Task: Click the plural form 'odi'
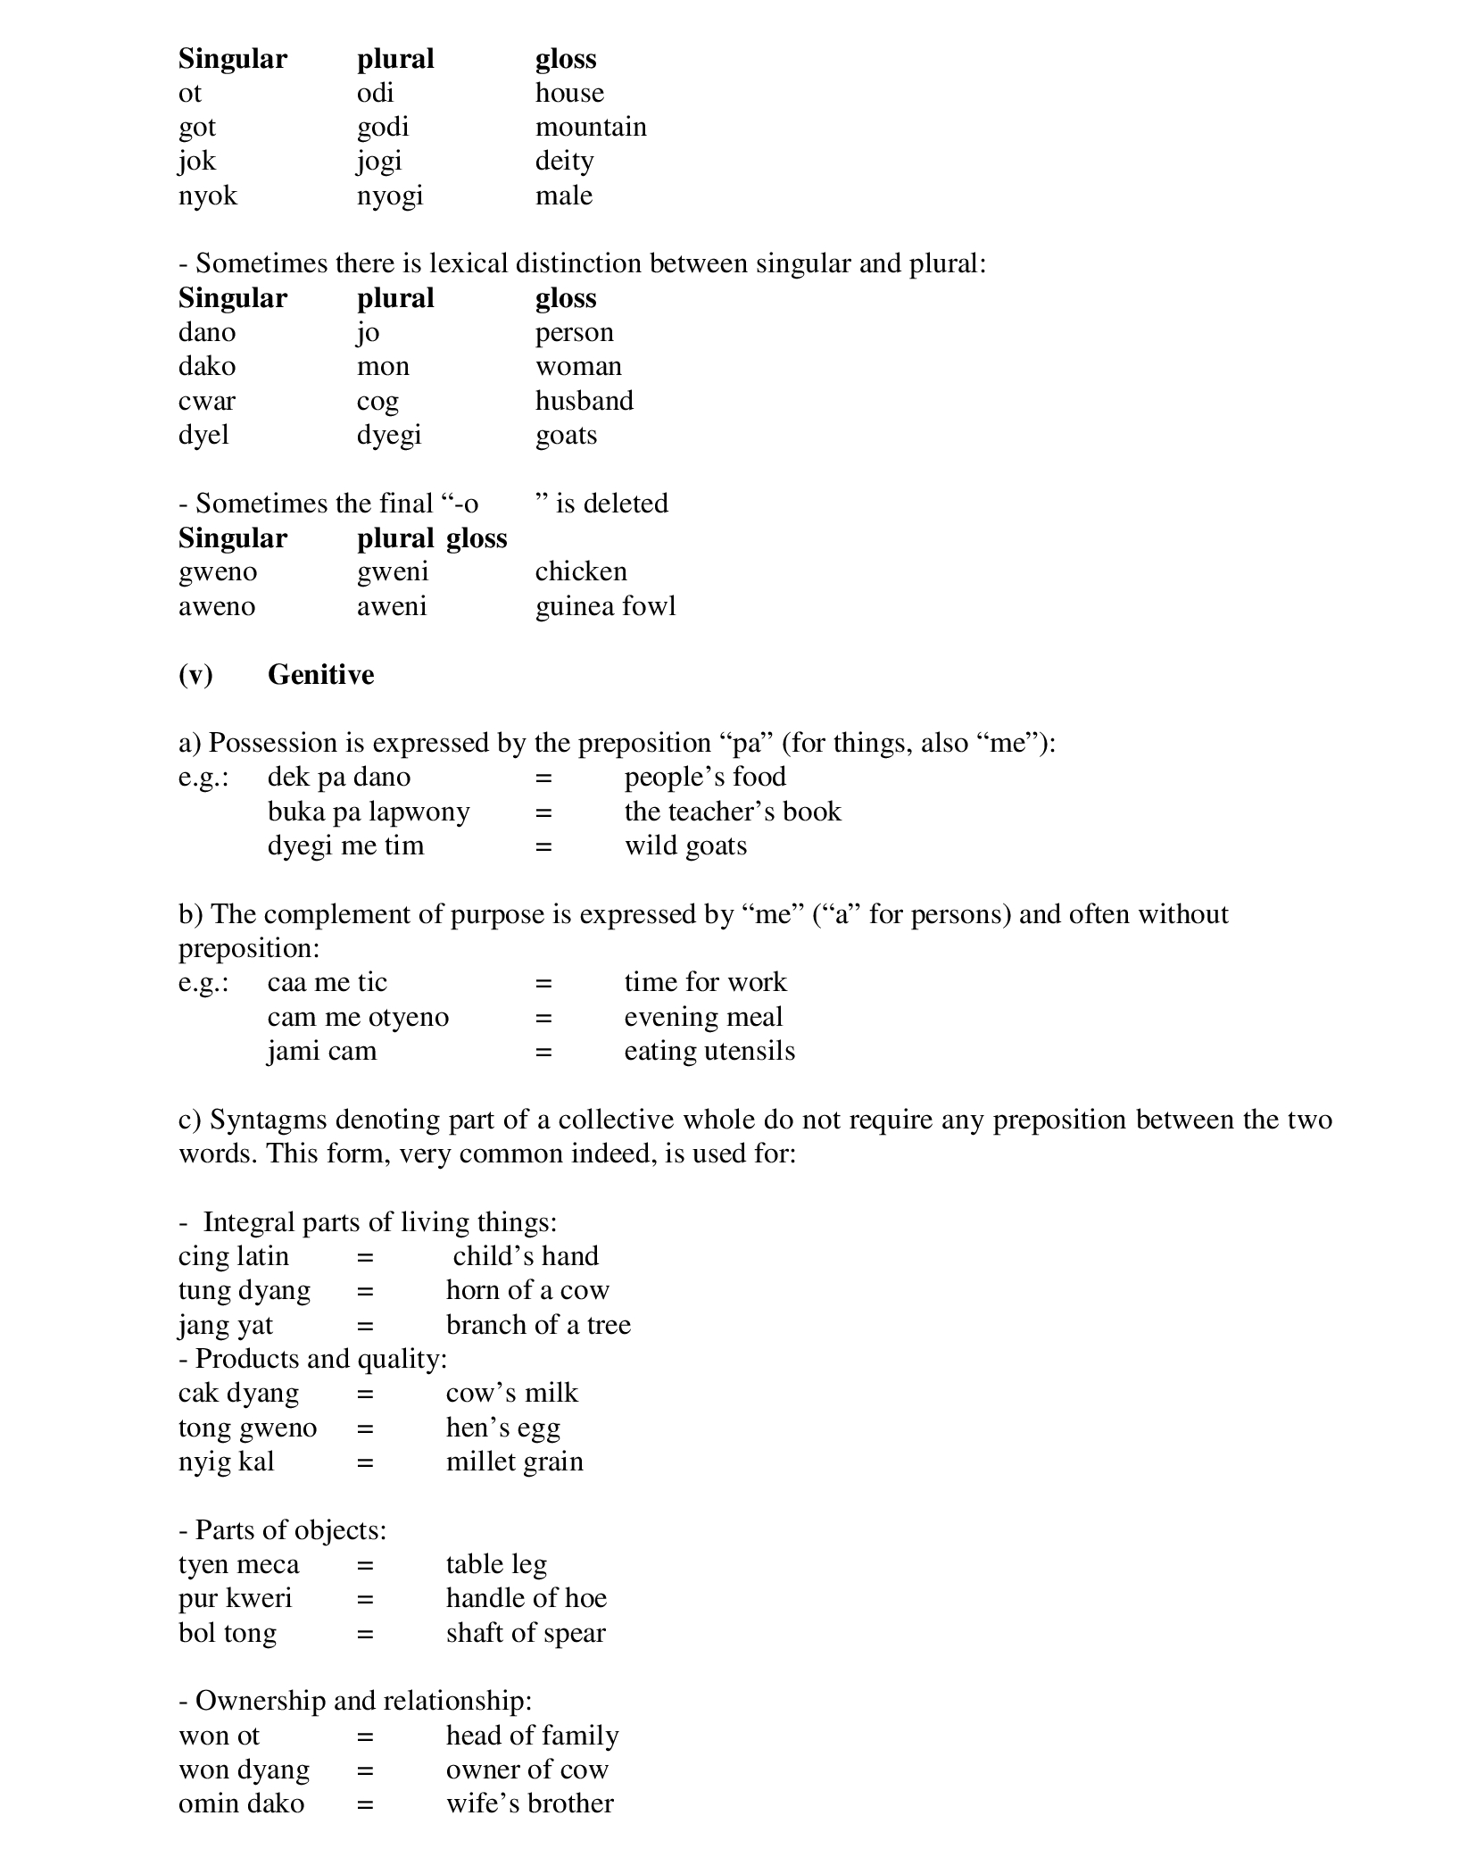tap(375, 93)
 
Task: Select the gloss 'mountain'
tap(591, 127)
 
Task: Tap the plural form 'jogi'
tap(379, 162)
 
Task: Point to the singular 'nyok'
tap(208, 196)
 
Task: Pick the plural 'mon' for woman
tap(383, 366)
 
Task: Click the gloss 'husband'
tap(585, 401)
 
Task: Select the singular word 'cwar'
tap(207, 401)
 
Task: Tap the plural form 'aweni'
tap(392, 606)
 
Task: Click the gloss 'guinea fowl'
tap(605, 606)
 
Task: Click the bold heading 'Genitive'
tap(320, 674)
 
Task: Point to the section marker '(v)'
tap(195, 674)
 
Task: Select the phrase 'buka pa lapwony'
tap(369, 812)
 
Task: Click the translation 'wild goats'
tap(685, 845)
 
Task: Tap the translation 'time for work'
tap(705, 982)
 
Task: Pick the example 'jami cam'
tap(322, 1051)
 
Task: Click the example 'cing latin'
tap(234, 1256)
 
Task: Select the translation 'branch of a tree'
tap(538, 1325)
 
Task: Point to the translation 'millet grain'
tap(515, 1462)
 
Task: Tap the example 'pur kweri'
tap(236, 1598)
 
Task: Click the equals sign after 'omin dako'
tap(365, 1803)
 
